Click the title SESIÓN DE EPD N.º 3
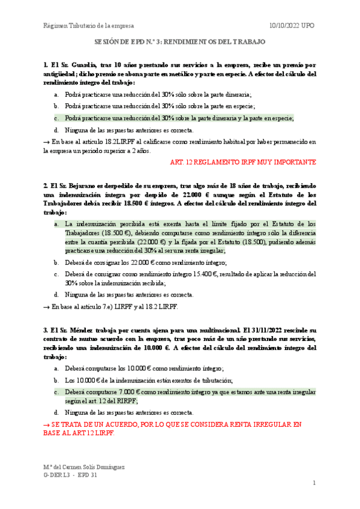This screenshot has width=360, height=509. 180,43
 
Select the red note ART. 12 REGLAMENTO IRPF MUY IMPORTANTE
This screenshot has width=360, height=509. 243,162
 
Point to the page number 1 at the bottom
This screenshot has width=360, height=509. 314,483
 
